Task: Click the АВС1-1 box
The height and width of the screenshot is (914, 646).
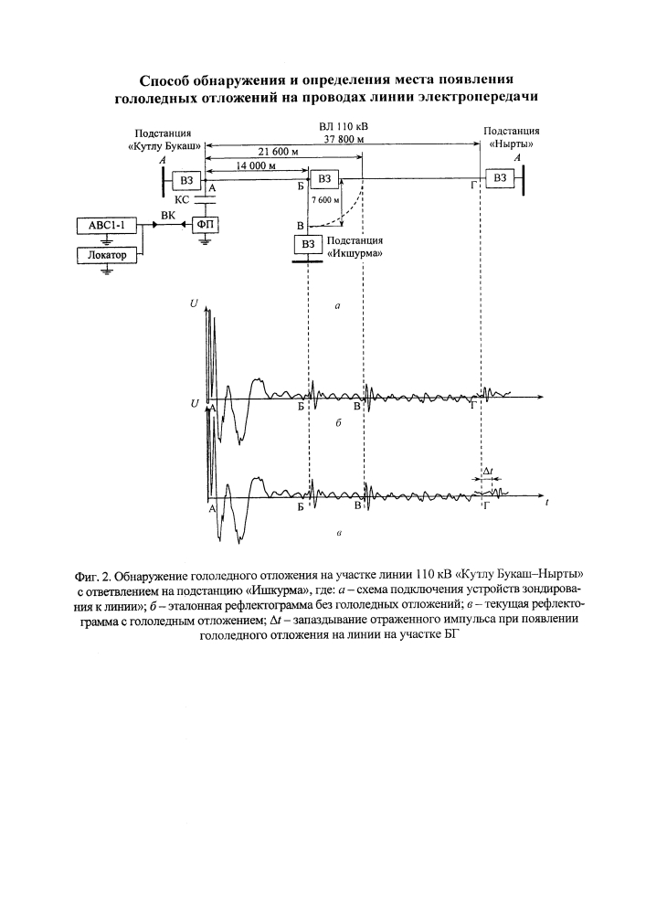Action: [106, 226]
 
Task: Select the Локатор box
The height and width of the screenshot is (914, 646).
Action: [106, 255]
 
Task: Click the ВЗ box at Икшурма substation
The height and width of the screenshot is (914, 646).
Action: [308, 244]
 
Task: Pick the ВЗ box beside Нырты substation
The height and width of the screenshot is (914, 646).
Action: [500, 178]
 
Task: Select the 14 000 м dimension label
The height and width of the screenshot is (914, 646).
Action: [255, 165]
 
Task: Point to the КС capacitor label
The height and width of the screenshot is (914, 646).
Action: [183, 200]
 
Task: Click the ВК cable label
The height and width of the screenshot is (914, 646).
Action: [168, 215]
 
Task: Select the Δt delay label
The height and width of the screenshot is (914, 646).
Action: [488, 470]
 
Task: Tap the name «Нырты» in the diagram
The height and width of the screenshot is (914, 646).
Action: [512, 143]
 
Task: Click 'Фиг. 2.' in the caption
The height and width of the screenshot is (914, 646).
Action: [93, 577]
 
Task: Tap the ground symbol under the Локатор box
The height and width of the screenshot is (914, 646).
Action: [106, 269]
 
